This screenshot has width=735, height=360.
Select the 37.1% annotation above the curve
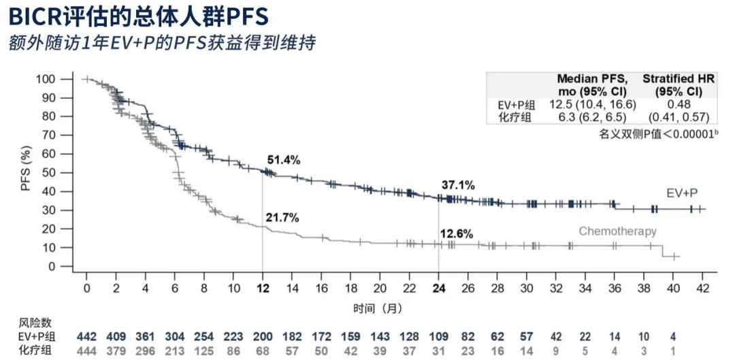458,185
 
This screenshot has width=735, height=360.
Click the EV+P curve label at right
683,193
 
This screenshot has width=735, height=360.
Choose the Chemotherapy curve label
617,231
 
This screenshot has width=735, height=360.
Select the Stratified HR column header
679,85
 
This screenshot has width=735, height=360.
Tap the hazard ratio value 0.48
679,104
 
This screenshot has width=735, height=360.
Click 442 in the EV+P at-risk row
87,337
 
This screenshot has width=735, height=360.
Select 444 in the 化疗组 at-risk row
87,350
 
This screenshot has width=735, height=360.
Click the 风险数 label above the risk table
33,323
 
